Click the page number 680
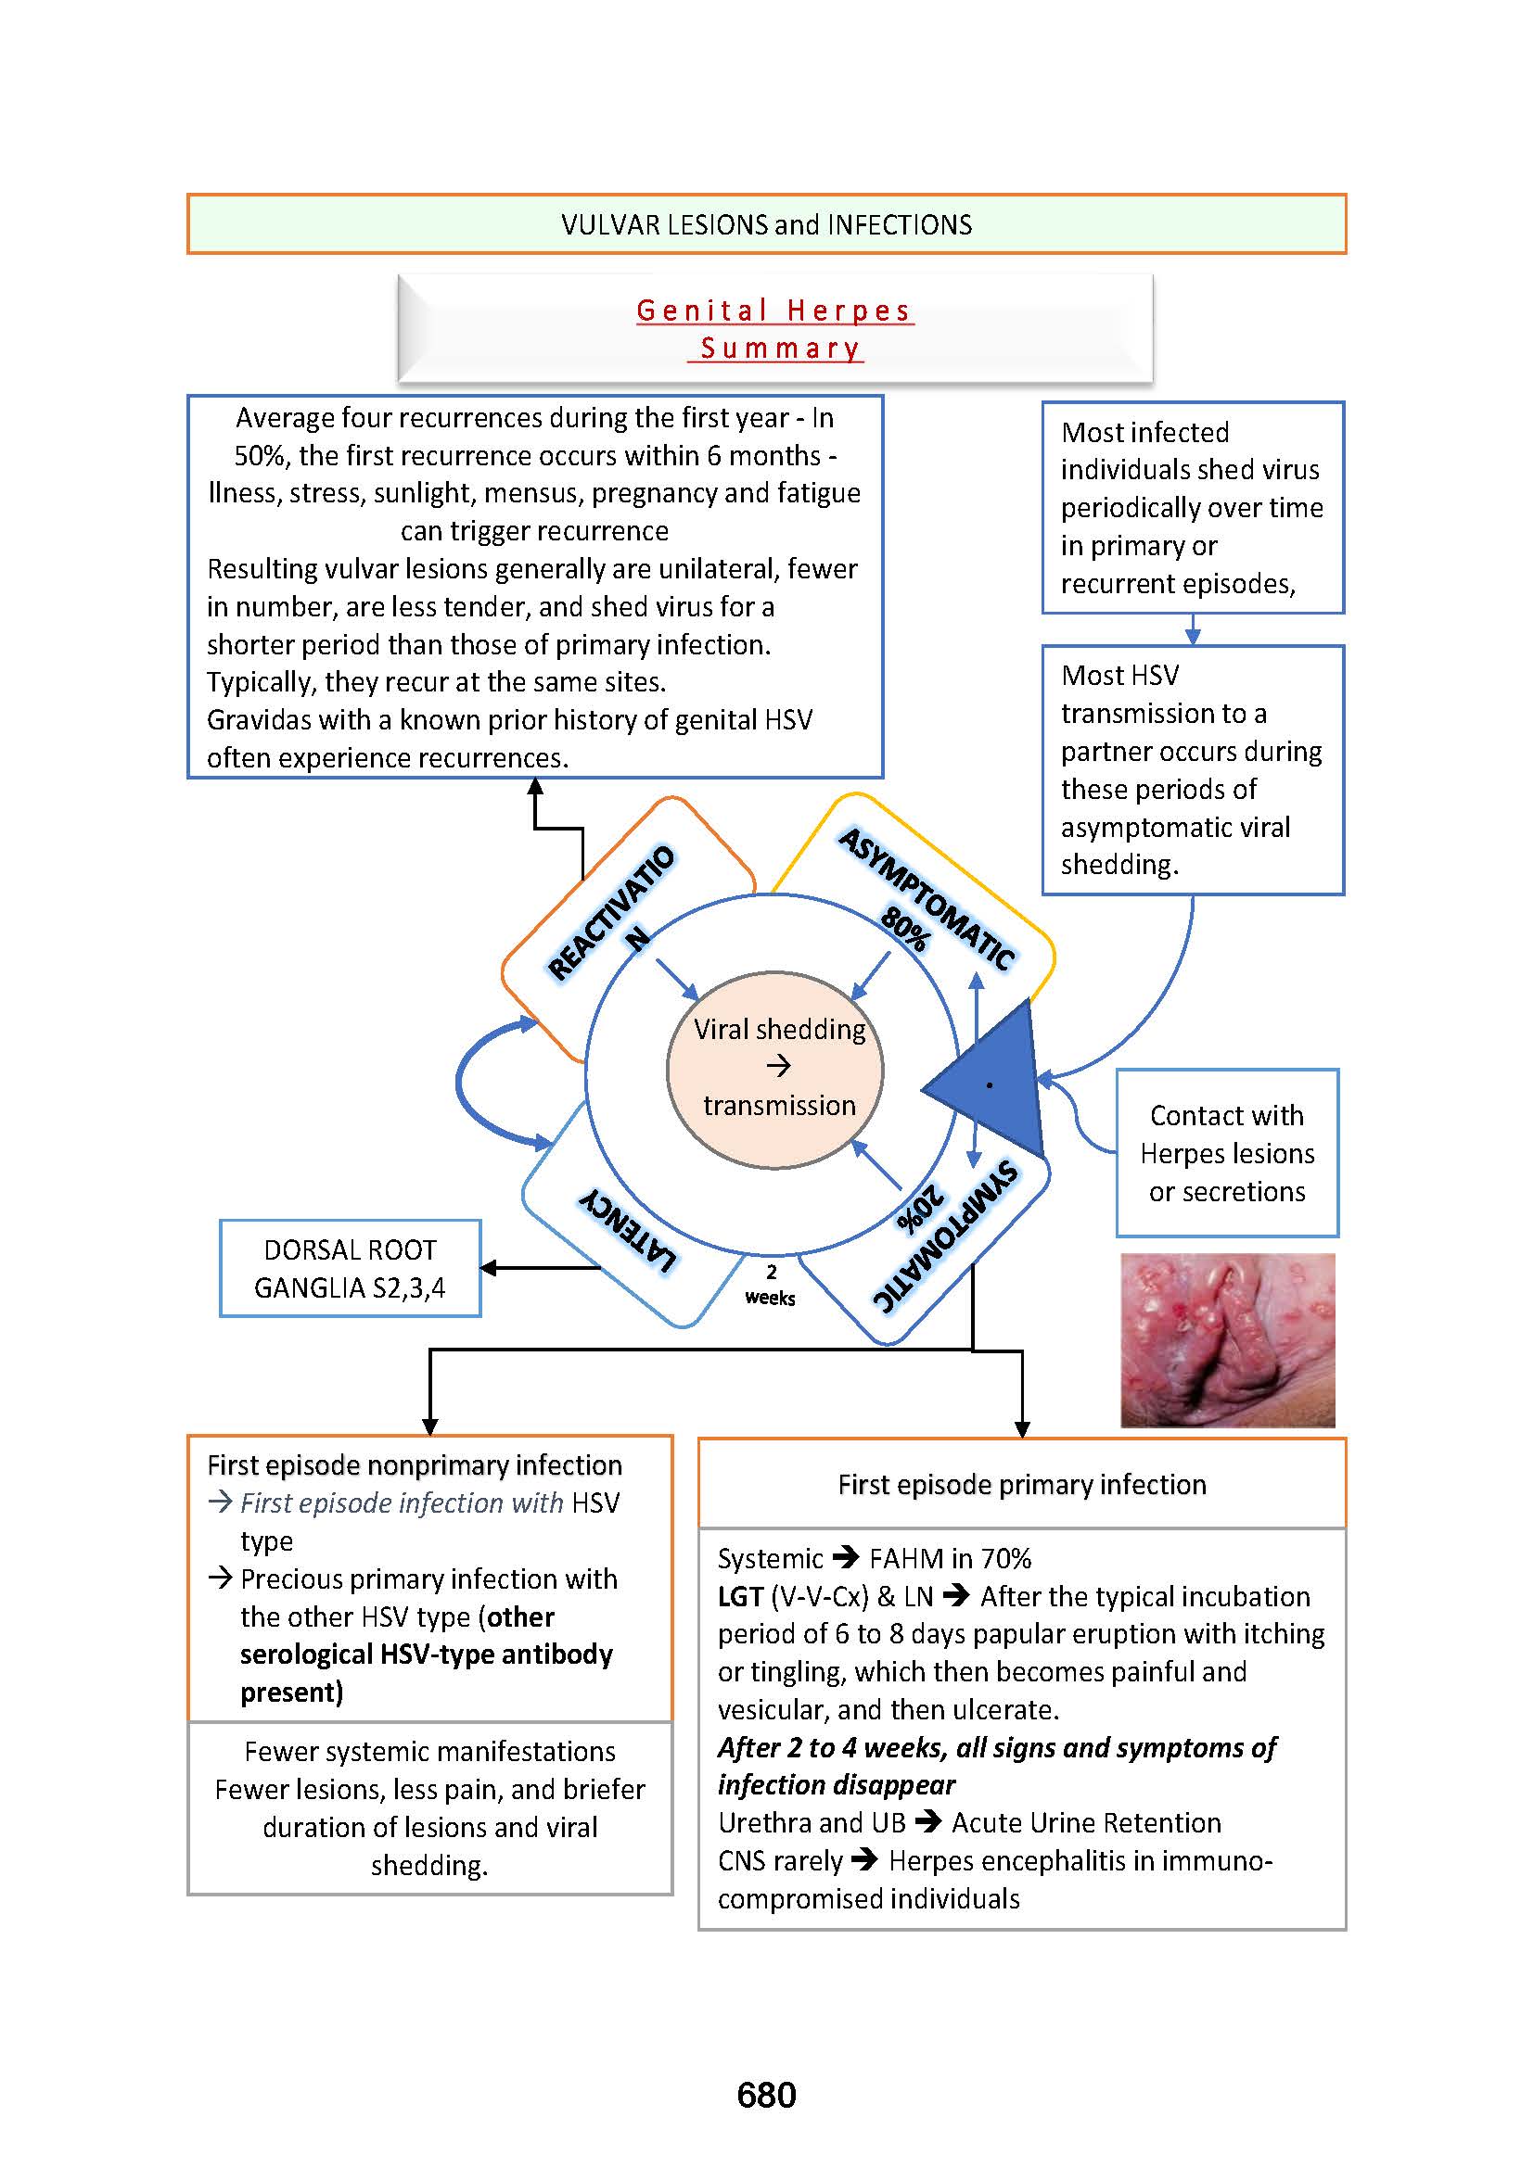click(x=766, y=2095)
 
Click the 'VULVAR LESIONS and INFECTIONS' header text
click(x=766, y=224)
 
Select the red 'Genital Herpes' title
click(x=774, y=311)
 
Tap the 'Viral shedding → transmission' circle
click(x=775, y=1069)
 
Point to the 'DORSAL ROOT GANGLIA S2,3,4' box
click(x=351, y=1268)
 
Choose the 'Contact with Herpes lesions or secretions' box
click(x=1227, y=1153)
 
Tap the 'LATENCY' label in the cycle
click(x=628, y=1230)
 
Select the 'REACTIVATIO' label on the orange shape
click(x=611, y=911)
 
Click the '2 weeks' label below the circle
click(x=770, y=1285)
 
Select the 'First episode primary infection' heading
click(x=1022, y=1484)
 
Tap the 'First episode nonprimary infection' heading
click(x=415, y=1464)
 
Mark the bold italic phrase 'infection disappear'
click(x=836, y=1784)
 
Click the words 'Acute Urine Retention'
click(x=1086, y=1822)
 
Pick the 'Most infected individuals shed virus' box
click(x=1192, y=507)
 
